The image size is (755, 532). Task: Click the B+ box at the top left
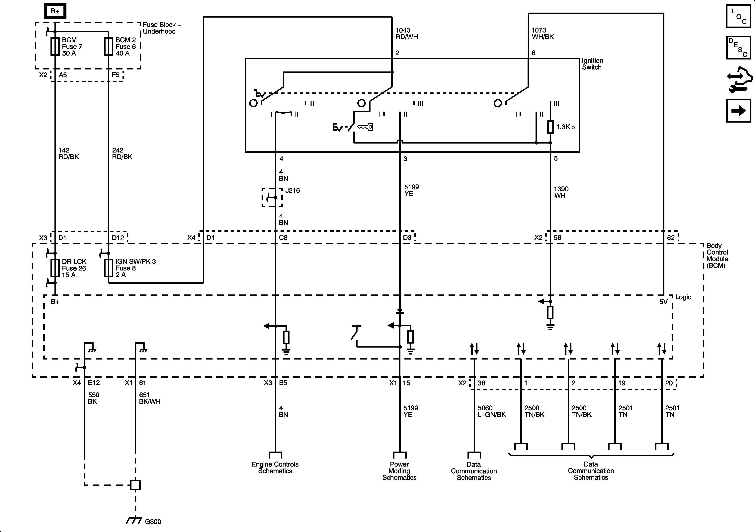click(55, 11)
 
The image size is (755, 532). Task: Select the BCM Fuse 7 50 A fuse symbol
click(55, 46)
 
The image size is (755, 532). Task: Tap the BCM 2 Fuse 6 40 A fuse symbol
click(109, 46)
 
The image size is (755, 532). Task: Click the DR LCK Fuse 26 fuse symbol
click(55, 268)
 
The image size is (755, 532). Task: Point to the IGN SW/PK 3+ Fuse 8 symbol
click(109, 268)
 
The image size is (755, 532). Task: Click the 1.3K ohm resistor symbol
click(550, 127)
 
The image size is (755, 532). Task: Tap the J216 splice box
click(272, 197)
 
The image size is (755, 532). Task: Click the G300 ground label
click(153, 521)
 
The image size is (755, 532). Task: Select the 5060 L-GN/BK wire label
click(492, 411)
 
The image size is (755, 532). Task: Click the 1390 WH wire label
click(561, 192)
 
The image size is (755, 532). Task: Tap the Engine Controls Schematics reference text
click(275, 468)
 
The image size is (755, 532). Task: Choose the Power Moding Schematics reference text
click(399, 471)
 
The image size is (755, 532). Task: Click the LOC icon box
click(739, 16)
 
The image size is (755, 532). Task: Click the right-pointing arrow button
click(739, 111)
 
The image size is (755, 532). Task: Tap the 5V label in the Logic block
click(663, 302)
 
